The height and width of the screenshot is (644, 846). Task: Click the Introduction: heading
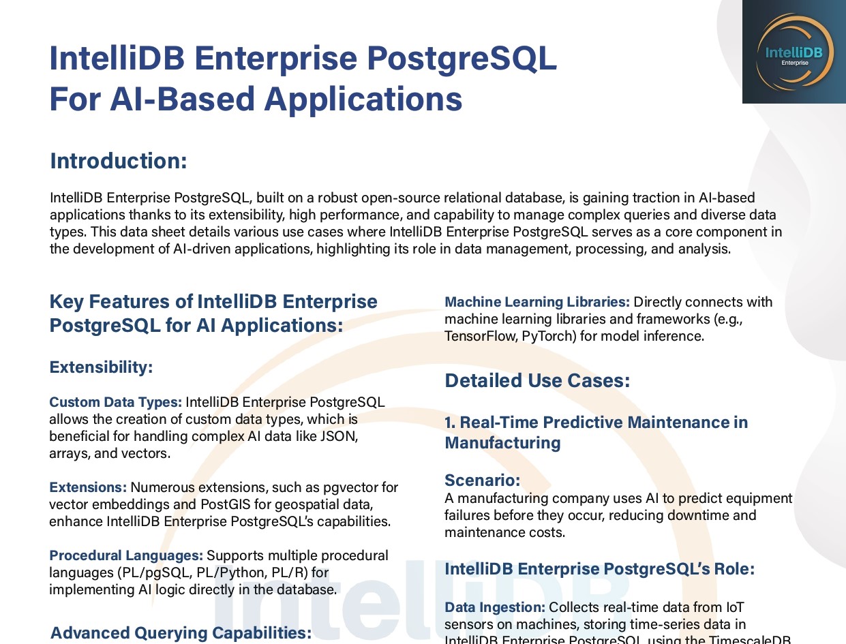point(119,162)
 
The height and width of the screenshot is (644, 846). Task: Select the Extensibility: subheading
point(101,367)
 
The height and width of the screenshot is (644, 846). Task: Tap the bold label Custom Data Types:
point(115,402)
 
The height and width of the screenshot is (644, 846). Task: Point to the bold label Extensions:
point(88,487)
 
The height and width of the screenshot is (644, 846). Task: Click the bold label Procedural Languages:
point(126,555)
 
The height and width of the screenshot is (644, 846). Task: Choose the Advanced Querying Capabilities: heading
point(181,632)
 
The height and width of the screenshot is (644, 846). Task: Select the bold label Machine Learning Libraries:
point(537,302)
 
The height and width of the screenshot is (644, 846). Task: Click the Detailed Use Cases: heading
point(537,380)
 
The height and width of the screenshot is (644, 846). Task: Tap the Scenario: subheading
point(482,480)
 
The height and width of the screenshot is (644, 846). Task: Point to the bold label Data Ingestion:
point(495,607)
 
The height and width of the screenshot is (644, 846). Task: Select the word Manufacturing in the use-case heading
point(502,443)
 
